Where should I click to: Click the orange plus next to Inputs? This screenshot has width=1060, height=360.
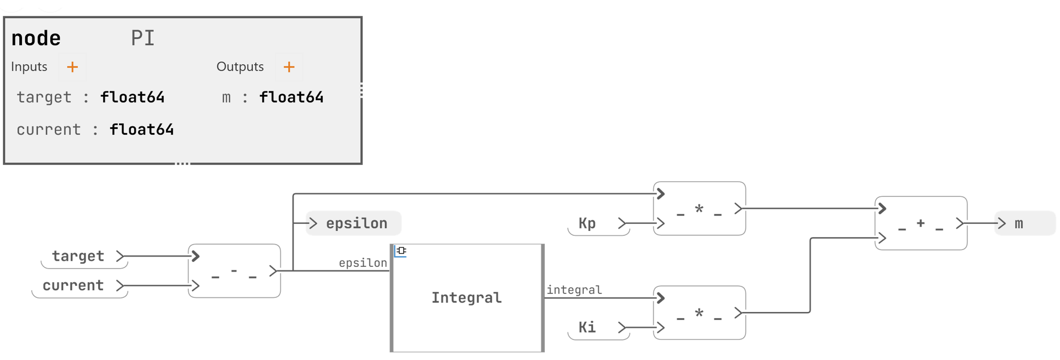click(x=72, y=67)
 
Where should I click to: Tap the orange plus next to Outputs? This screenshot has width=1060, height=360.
click(x=289, y=67)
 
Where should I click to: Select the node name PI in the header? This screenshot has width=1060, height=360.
click(x=143, y=38)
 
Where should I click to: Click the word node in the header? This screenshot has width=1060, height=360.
click(x=36, y=38)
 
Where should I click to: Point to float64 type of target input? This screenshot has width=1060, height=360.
click(x=132, y=97)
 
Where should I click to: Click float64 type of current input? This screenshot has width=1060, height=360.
click(x=141, y=129)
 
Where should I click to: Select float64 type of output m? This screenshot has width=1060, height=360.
click(x=291, y=97)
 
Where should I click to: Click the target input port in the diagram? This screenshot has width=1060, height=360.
click(x=78, y=256)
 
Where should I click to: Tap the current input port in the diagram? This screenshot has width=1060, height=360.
click(x=73, y=285)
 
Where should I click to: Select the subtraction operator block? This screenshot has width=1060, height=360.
click(x=234, y=271)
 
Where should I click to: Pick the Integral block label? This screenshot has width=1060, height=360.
click(x=466, y=298)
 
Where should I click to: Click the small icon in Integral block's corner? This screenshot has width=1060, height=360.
click(x=401, y=251)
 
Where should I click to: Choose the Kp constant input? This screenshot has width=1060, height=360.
click(x=587, y=223)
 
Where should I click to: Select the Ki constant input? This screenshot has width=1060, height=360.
click(x=587, y=328)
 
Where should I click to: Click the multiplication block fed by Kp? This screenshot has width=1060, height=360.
click(x=699, y=208)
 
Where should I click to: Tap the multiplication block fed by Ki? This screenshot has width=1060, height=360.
click(x=699, y=313)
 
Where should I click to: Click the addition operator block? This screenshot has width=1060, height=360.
click(x=921, y=223)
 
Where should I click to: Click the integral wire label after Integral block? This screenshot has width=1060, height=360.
click(x=574, y=290)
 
